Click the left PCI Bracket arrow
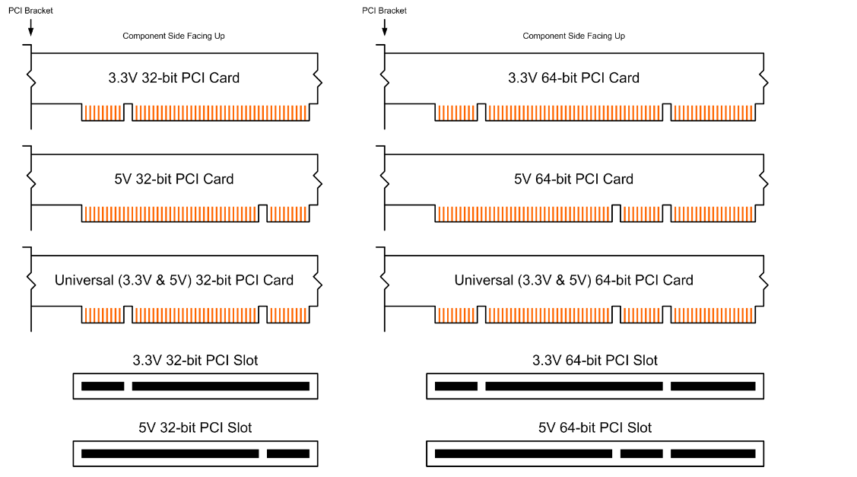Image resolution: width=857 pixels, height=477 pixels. pyautogui.click(x=30, y=27)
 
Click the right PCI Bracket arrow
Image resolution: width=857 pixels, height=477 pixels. pyautogui.click(x=385, y=27)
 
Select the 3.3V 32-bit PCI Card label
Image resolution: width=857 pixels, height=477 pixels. pyautogui.click(x=174, y=78)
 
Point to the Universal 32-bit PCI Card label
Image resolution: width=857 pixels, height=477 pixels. pyautogui.click(x=174, y=280)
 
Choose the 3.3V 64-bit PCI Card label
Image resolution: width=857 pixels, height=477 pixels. pyautogui.click(x=573, y=78)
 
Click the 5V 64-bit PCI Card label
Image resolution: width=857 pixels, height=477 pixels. pyautogui.click(x=573, y=179)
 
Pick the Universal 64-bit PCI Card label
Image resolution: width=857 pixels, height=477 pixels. pyautogui.click(x=573, y=280)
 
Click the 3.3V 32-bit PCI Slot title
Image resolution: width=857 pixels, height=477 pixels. pyautogui.click(x=195, y=360)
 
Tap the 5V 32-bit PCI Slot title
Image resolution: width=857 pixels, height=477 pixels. pyautogui.click(x=195, y=428)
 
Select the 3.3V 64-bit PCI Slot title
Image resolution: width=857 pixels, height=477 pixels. pyautogui.click(x=595, y=360)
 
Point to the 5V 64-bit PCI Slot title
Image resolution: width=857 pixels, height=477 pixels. pyautogui.click(x=595, y=428)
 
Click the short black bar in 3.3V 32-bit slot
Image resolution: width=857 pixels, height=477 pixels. pyautogui.click(x=103, y=386)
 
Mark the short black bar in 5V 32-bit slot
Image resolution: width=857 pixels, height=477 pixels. pyautogui.click(x=288, y=453)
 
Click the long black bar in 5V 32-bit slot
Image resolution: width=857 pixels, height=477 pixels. pyautogui.click(x=170, y=453)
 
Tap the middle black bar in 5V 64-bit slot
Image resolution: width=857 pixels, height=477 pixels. pyautogui.click(x=642, y=453)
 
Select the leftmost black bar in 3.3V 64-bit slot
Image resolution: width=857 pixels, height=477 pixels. pyautogui.click(x=456, y=386)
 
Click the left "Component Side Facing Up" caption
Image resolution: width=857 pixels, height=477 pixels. pyautogui.click(x=174, y=36)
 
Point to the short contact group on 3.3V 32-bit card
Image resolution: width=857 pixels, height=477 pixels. pyautogui.click(x=103, y=113)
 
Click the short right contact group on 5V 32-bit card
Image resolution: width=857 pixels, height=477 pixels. pyautogui.click(x=288, y=214)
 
